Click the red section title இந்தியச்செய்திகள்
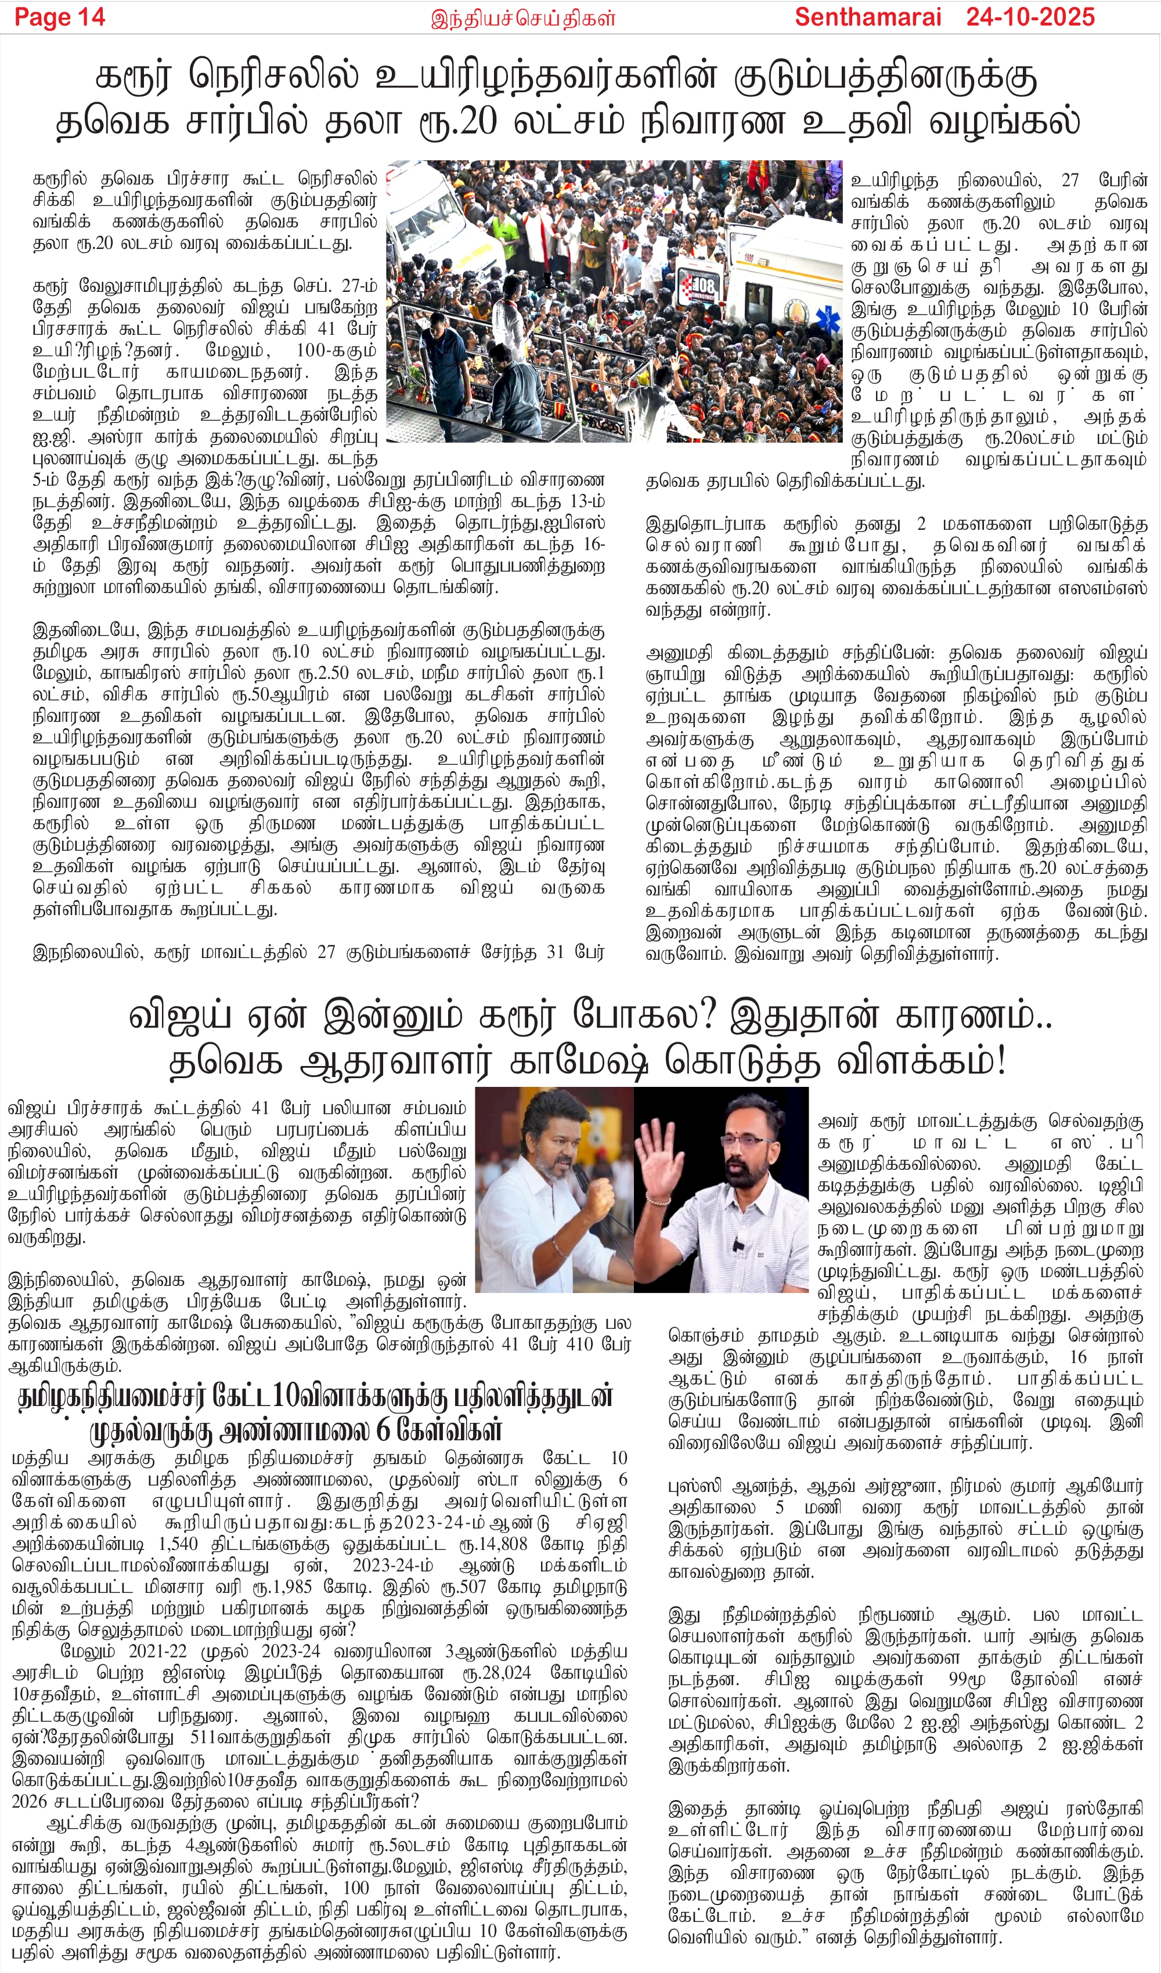click(x=523, y=18)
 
